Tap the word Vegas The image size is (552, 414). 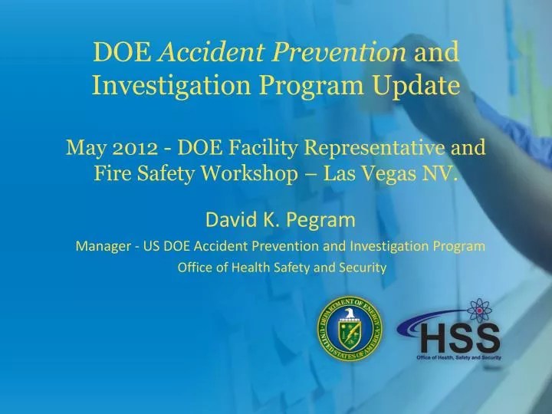[386, 171]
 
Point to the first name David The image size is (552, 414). [232, 221]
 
